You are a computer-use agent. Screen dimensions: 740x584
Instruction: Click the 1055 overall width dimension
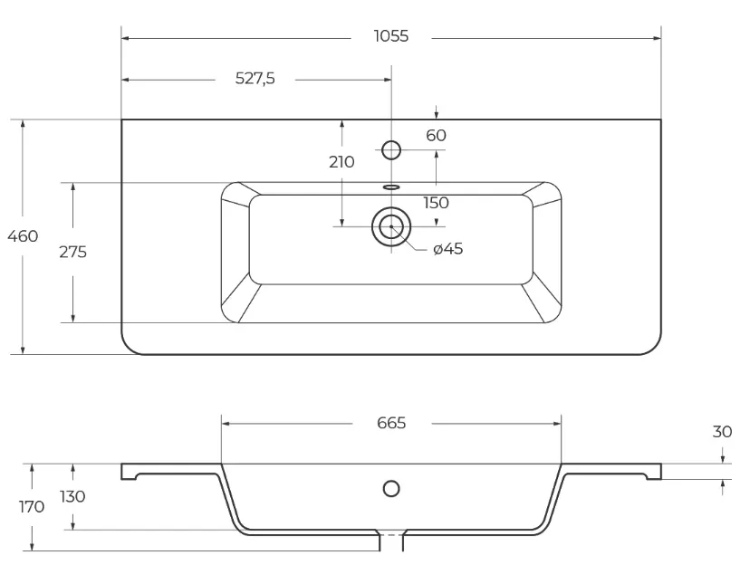391,36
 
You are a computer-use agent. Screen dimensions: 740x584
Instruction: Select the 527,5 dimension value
255,78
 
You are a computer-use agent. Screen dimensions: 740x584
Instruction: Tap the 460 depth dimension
23,236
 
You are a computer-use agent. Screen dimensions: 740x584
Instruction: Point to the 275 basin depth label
72,253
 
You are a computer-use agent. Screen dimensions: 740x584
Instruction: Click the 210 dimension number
341,162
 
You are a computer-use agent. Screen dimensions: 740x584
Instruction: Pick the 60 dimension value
436,136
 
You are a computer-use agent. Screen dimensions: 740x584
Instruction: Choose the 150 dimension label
436,203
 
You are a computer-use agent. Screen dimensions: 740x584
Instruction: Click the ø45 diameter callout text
448,249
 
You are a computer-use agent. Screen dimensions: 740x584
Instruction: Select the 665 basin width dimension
391,423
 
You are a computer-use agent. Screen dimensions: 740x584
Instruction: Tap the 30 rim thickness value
722,432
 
